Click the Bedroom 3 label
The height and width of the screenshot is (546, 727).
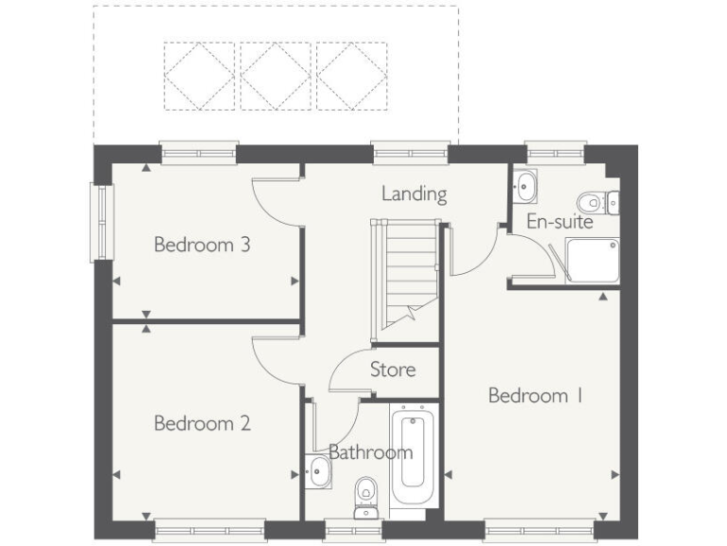click(x=202, y=245)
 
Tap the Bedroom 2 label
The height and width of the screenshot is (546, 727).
click(x=202, y=423)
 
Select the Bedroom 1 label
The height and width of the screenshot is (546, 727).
click(x=535, y=395)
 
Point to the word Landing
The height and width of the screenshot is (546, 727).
click(x=414, y=193)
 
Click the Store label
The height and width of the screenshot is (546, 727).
click(x=392, y=369)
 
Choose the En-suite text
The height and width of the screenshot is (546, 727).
click(x=559, y=222)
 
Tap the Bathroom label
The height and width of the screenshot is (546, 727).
click(x=370, y=452)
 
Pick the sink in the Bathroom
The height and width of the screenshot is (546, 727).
click(x=319, y=471)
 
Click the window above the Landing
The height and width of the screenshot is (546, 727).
click(x=410, y=152)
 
